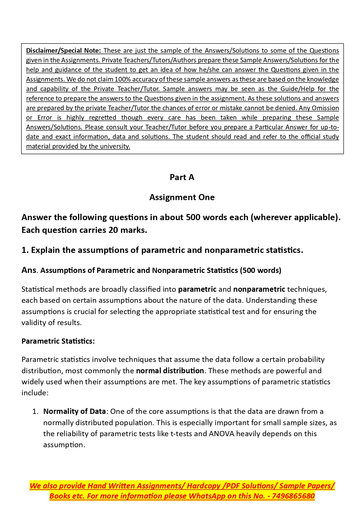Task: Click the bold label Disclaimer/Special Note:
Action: (63, 50)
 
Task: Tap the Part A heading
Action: (182, 177)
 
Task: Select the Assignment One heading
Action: (182, 197)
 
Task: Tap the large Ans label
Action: (29, 270)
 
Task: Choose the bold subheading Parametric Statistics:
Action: (58, 341)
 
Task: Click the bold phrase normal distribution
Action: (170, 371)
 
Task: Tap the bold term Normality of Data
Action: (74, 411)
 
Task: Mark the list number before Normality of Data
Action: (35, 411)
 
